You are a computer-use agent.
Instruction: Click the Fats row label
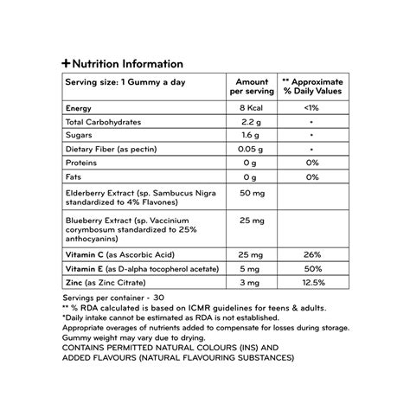(74, 177)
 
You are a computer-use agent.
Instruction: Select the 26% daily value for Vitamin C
(313, 255)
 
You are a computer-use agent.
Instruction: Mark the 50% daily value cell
(313, 269)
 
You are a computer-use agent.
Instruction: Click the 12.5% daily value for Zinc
(313, 283)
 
